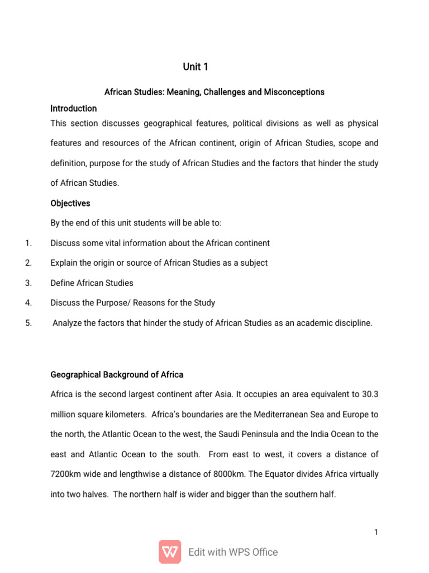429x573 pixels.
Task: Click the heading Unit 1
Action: [196, 67]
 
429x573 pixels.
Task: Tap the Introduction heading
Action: [73, 108]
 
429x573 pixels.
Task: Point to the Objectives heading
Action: [70, 203]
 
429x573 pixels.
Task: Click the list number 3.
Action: [28, 283]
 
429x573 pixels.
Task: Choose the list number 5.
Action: [28, 323]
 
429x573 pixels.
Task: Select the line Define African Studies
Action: [92, 283]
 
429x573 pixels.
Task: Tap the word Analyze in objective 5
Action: [67, 323]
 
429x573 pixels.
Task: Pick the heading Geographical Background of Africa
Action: [117, 374]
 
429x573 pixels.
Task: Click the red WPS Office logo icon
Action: [170, 552]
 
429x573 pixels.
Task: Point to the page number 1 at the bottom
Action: [376, 532]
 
